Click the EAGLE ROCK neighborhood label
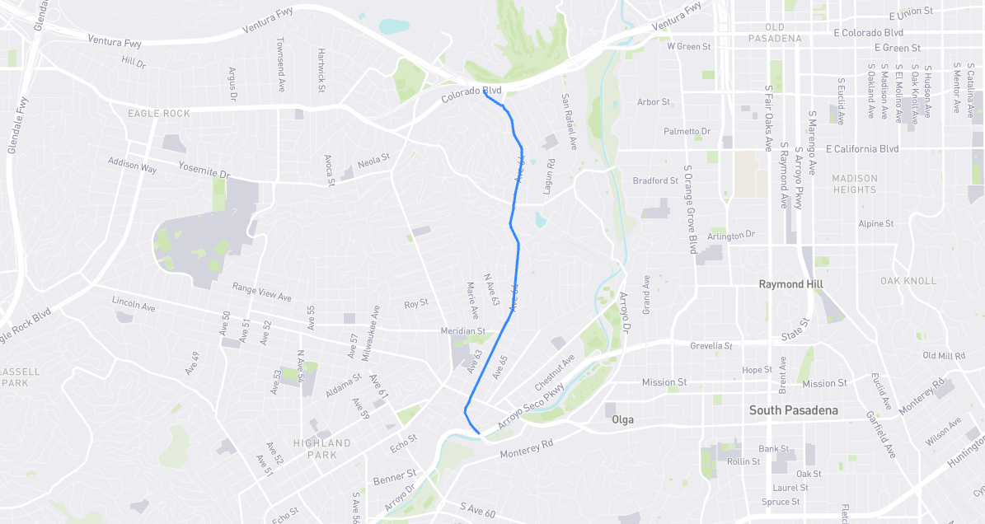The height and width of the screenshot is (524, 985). [159, 114]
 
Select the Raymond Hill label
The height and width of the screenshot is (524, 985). [791, 284]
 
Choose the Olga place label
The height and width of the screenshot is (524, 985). [622, 420]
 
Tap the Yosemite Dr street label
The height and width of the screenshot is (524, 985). [204, 171]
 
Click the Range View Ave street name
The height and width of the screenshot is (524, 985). [262, 292]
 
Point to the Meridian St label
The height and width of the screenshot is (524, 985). [462, 331]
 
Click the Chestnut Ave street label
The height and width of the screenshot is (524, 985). [554, 373]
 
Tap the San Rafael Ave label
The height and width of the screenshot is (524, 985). [569, 121]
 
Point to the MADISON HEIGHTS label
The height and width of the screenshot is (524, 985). [855, 184]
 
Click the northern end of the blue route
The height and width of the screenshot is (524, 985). [484, 93]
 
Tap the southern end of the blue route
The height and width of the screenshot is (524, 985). [480, 433]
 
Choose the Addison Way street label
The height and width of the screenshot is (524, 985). [132, 166]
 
